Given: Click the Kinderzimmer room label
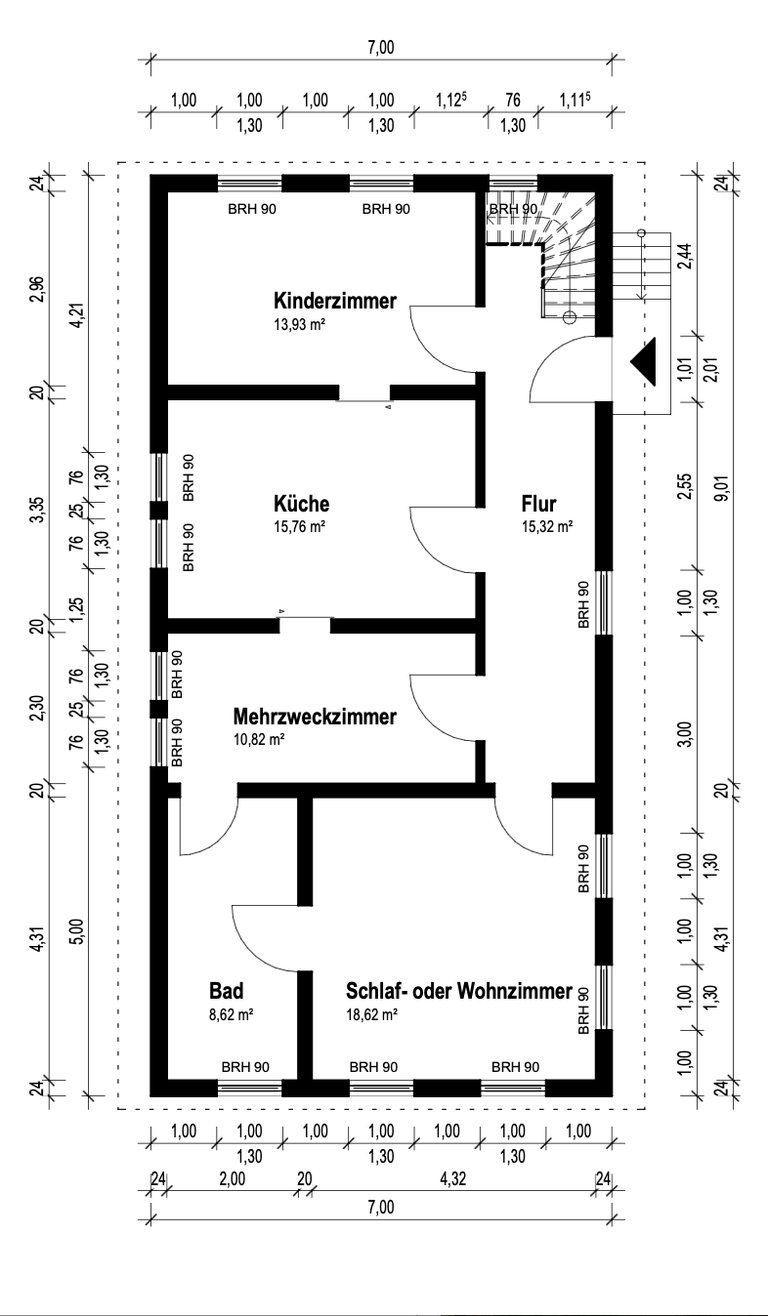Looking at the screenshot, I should click(x=335, y=301).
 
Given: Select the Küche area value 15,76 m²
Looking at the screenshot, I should click(x=299, y=525).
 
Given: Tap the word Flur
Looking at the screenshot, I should click(x=538, y=505).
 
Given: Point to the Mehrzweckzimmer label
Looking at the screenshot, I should click(x=316, y=718).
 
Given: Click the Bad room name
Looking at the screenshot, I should click(x=226, y=992).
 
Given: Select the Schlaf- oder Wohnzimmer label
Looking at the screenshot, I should click(x=458, y=992).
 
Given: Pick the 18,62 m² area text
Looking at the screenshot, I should click(x=371, y=1015).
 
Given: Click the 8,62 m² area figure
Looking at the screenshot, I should click(x=232, y=1015).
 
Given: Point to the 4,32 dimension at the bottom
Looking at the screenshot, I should click(x=451, y=1179).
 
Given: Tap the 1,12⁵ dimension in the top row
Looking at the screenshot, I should click(x=449, y=101).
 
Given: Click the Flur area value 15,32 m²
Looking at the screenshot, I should click(x=546, y=525).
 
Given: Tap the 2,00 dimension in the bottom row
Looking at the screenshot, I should click(x=232, y=1179).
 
